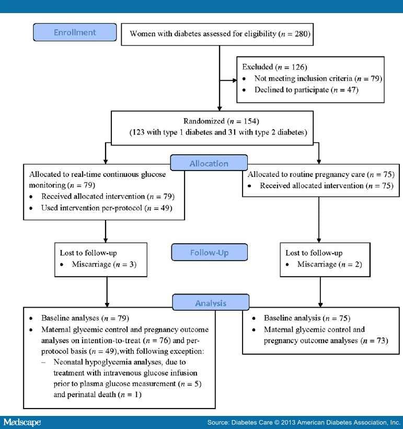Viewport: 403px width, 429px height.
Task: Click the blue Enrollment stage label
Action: click(75, 32)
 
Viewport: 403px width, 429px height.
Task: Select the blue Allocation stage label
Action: click(209, 163)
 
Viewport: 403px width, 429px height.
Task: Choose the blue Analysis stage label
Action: click(211, 303)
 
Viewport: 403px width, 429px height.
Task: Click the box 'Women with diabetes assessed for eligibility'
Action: click(217, 35)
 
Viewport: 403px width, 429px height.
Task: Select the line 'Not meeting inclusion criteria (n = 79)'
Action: click(317, 78)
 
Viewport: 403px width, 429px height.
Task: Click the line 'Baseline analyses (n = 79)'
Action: click(85, 318)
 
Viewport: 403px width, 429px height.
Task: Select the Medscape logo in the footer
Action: click(22, 422)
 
